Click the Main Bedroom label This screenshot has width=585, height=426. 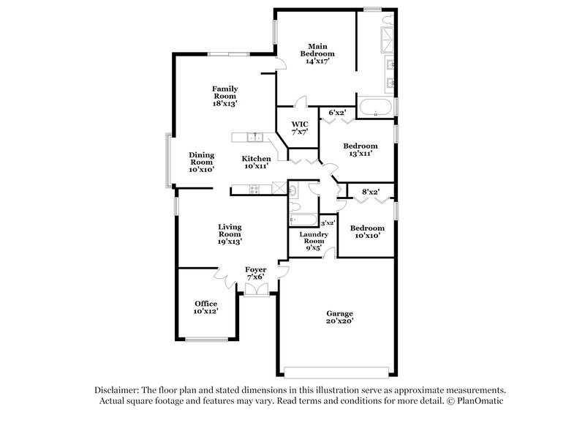[317, 49]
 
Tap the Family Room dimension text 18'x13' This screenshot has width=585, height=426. [225, 104]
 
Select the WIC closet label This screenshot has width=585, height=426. [299, 124]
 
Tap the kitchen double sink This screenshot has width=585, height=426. [254, 137]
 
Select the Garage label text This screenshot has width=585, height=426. [340, 314]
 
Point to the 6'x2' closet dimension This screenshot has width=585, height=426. [336, 112]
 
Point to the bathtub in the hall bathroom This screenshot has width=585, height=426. [302, 219]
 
